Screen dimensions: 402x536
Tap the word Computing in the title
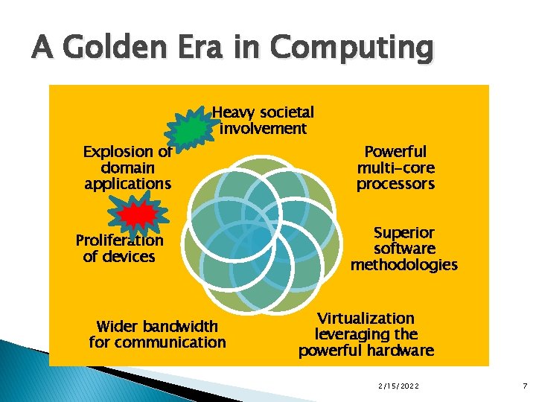point(351,49)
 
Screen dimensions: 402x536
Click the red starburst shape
point(137,216)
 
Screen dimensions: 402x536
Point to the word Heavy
point(234,112)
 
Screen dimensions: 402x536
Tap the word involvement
point(263,129)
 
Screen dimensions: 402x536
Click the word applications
point(127,183)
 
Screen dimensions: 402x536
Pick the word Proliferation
point(119,240)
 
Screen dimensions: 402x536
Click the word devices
point(130,257)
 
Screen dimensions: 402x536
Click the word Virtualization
point(366,319)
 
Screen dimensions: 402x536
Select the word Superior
point(404,232)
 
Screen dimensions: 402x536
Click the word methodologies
point(404,264)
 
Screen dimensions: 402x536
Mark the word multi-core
point(395,167)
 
